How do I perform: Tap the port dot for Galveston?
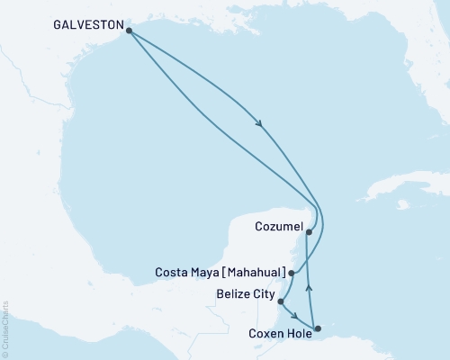pos(130,31)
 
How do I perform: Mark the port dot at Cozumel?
pos(309,232)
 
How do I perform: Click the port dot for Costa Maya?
pos(291,271)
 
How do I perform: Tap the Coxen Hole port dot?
pos(317,328)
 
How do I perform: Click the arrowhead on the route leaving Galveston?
pos(260,124)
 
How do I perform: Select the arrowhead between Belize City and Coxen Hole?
pos(295,315)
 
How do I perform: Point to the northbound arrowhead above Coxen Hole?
pos(310,287)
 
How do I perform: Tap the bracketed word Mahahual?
pos(256,272)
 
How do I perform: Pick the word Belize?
pos(233,293)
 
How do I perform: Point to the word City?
pos(264,293)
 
